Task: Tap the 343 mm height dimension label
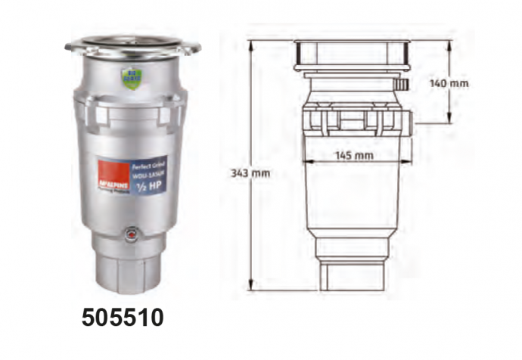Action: [x=249, y=173]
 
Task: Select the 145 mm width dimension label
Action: [x=354, y=156]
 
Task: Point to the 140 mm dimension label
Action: [x=449, y=83]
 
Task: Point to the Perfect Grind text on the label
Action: [x=148, y=164]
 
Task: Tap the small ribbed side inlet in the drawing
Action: [x=404, y=82]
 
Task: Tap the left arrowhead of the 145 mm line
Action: [x=306, y=161]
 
